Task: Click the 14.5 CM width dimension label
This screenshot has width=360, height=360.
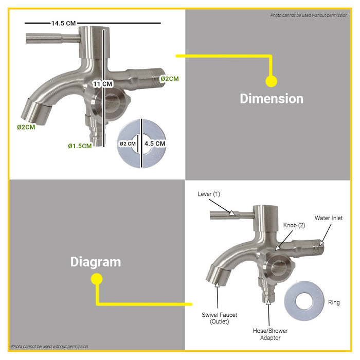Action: [x=63, y=23]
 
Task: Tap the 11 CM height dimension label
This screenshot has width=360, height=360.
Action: [x=102, y=84]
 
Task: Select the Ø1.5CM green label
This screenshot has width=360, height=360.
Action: [x=80, y=146]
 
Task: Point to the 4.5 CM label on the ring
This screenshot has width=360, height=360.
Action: [x=155, y=143]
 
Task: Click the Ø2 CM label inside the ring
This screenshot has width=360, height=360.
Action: [x=128, y=144]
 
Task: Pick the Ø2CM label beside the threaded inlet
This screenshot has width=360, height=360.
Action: [x=169, y=79]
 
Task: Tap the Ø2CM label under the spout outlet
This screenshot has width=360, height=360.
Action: [x=26, y=127]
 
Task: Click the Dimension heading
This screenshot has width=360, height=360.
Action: [x=272, y=99]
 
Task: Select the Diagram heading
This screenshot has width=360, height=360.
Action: [x=96, y=262]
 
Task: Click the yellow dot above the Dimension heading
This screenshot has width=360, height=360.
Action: [x=272, y=81]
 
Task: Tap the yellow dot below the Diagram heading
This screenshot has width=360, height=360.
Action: [x=97, y=279]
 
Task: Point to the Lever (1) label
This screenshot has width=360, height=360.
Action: [x=209, y=194]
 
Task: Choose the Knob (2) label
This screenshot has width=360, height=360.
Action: [x=294, y=225]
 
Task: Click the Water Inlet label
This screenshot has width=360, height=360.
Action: [x=329, y=218]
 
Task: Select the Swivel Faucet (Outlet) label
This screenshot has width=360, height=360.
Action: [x=219, y=318]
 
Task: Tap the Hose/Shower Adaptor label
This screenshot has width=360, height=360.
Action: [x=270, y=334]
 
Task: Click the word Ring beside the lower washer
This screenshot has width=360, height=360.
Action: [x=334, y=302]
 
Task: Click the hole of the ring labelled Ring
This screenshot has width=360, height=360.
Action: [x=304, y=301]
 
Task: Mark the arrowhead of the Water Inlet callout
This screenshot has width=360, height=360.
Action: [x=321, y=243]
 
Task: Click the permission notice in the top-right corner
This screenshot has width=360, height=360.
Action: [x=309, y=15]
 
